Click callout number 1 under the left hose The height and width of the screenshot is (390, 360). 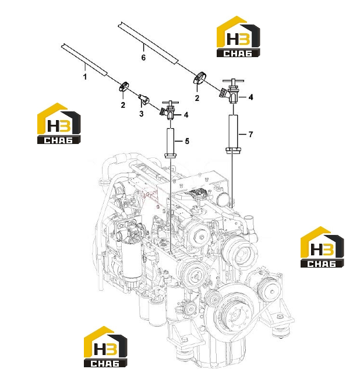pos(85,76)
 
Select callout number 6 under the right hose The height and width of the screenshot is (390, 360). pos(143,58)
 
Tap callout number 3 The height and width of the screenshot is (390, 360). pos(142,114)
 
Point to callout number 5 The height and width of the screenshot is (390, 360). pos(187,141)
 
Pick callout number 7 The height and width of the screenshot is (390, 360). pos(250,135)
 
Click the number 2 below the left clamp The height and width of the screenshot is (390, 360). pos(123,105)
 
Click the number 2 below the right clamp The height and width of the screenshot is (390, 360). pos(197,98)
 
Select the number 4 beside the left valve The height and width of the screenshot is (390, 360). pos(186,115)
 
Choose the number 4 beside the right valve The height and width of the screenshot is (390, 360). pos(250,97)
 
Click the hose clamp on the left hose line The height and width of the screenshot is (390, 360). pos(124,86)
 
